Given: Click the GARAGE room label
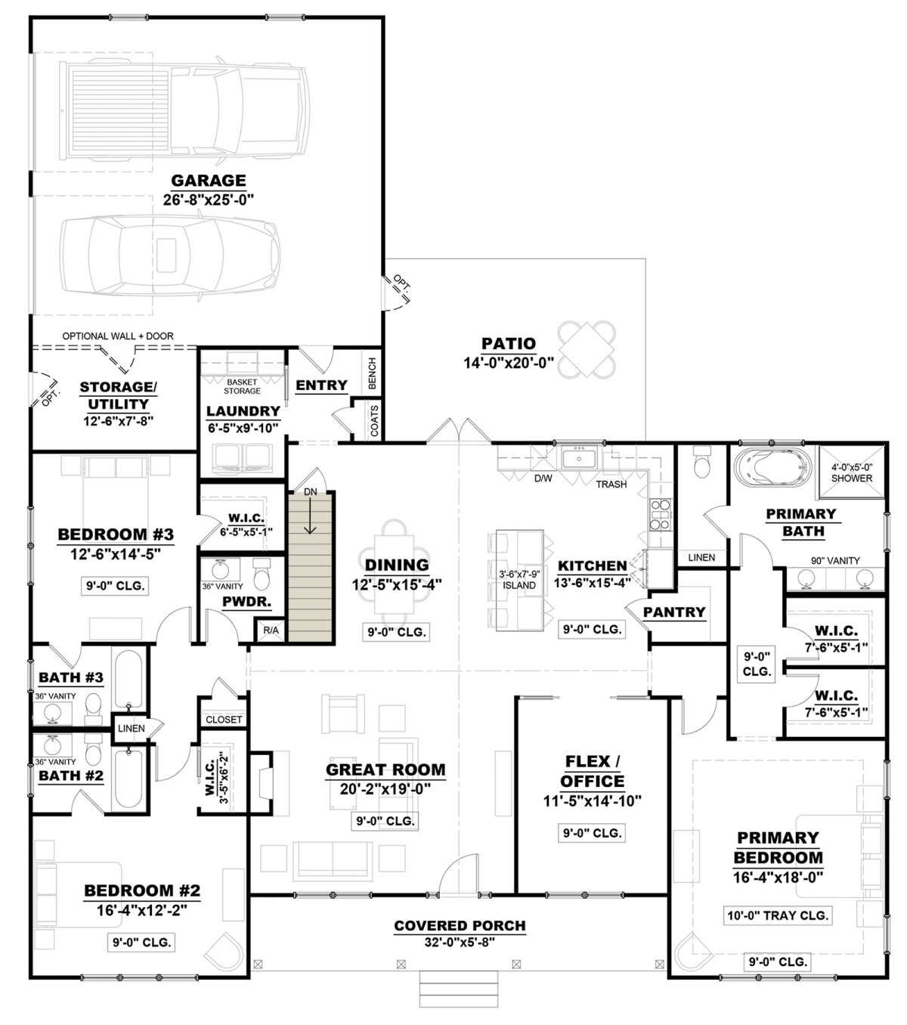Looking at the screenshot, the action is coord(209,180).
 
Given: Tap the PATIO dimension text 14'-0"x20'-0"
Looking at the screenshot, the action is coord(509,363).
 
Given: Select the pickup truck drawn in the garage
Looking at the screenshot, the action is coord(184,110).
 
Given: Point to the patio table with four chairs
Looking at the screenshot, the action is coord(587,349).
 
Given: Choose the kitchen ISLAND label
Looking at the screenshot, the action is coord(519,585).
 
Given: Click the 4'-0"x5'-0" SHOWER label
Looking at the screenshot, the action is coord(852,472).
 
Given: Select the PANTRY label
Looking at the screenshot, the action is coord(673,612).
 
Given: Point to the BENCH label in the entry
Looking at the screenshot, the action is coord(373,373).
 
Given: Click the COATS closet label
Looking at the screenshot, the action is coord(374,420).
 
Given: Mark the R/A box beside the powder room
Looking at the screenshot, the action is coord(271,630).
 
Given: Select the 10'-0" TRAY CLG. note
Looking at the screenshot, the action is coord(778,915).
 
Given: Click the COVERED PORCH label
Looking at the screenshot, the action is coord(460,925).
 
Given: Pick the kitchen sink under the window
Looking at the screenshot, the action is coord(579,458).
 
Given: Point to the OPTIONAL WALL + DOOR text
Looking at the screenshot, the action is coord(118,336).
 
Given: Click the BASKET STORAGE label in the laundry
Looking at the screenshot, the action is coord(242,386).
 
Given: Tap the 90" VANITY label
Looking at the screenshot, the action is coord(835,561).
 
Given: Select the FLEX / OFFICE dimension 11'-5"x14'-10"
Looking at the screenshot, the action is coord(593,801).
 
